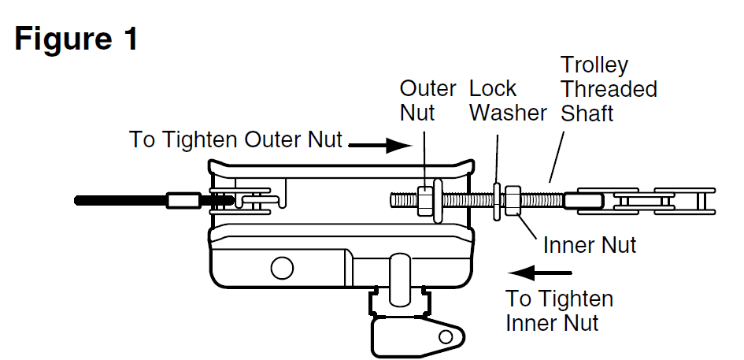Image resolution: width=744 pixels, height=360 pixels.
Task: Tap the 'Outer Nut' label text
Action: (428, 100)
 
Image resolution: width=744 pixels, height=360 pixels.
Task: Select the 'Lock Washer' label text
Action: (508, 100)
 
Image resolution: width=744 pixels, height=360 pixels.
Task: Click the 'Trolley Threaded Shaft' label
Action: (608, 88)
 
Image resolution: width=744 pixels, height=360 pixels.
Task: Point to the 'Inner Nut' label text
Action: (590, 244)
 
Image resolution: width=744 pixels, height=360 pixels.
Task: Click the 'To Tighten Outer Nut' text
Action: (236, 140)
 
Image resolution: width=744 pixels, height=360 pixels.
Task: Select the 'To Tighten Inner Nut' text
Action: (559, 310)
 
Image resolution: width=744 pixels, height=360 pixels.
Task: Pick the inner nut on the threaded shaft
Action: (512, 201)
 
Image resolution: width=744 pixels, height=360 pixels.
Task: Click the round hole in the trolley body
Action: (281, 268)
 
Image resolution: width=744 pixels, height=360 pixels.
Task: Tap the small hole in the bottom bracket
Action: (446, 336)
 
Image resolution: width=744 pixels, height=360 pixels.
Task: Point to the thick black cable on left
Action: (118, 201)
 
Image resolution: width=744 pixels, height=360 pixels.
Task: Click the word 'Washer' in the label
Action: (508, 113)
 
